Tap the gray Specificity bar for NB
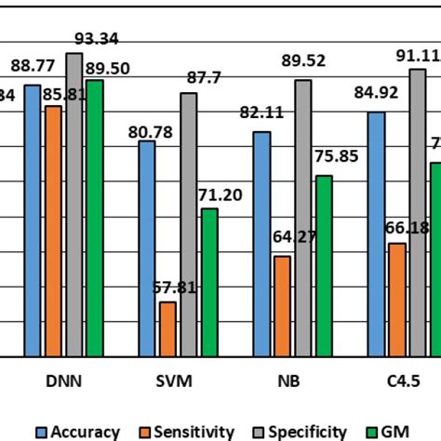[302, 218]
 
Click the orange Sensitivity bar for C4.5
[397, 300]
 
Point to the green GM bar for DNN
[94, 218]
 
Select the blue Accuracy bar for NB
[262, 244]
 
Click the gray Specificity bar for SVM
[189, 224]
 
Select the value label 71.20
[220, 194]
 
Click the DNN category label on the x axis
[62, 382]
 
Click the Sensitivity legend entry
[196, 432]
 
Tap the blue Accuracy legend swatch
[42, 432]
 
